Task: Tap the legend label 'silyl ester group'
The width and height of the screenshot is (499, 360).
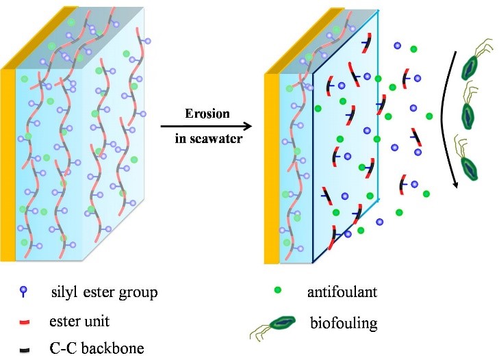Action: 104,294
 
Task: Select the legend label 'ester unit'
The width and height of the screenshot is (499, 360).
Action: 77,319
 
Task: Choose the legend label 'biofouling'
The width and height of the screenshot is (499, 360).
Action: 340,321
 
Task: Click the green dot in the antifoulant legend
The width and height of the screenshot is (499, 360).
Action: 279,293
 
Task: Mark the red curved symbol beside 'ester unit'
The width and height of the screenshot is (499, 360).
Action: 25,320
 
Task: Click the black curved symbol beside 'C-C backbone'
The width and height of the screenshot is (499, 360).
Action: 25,347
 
